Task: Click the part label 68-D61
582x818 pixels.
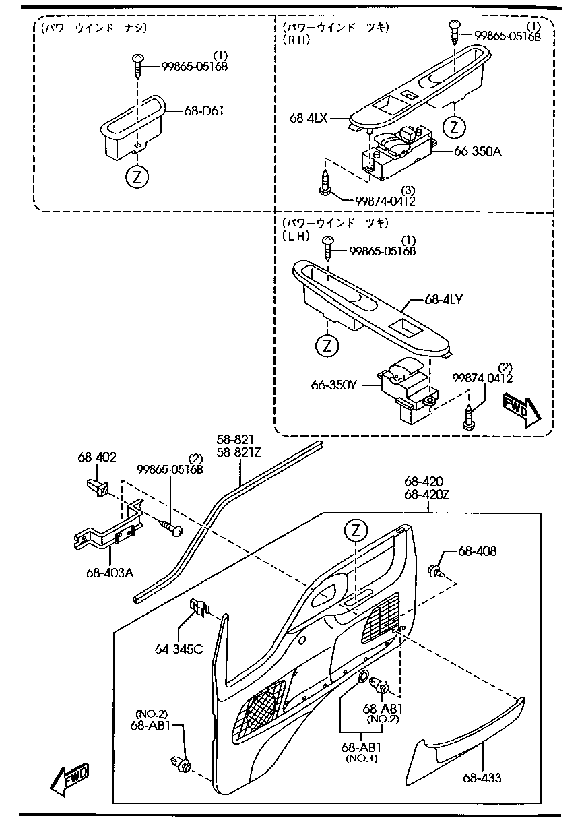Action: (204, 111)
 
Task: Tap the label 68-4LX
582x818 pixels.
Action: (308, 118)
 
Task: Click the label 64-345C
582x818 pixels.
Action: (179, 650)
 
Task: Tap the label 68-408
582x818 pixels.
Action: (478, 551)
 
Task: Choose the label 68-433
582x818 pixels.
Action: (482, 778)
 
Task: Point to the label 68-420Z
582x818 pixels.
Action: (427, 494)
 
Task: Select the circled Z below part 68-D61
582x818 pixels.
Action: (137, 177)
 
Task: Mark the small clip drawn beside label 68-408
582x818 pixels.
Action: (436, 572)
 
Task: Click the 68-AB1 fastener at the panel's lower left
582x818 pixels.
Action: (182, 764)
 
